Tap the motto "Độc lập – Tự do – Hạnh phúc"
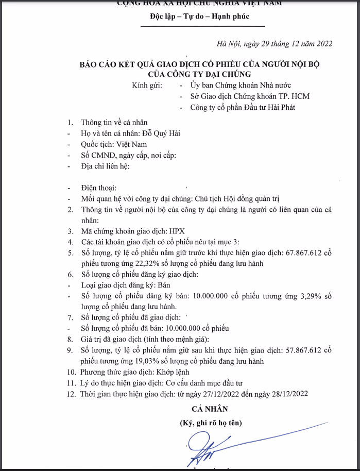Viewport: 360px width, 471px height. (199, 16)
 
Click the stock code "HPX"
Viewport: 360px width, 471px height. (176, 231)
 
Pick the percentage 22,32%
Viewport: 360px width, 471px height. (141, 263)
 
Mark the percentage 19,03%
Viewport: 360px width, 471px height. (141, 360)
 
